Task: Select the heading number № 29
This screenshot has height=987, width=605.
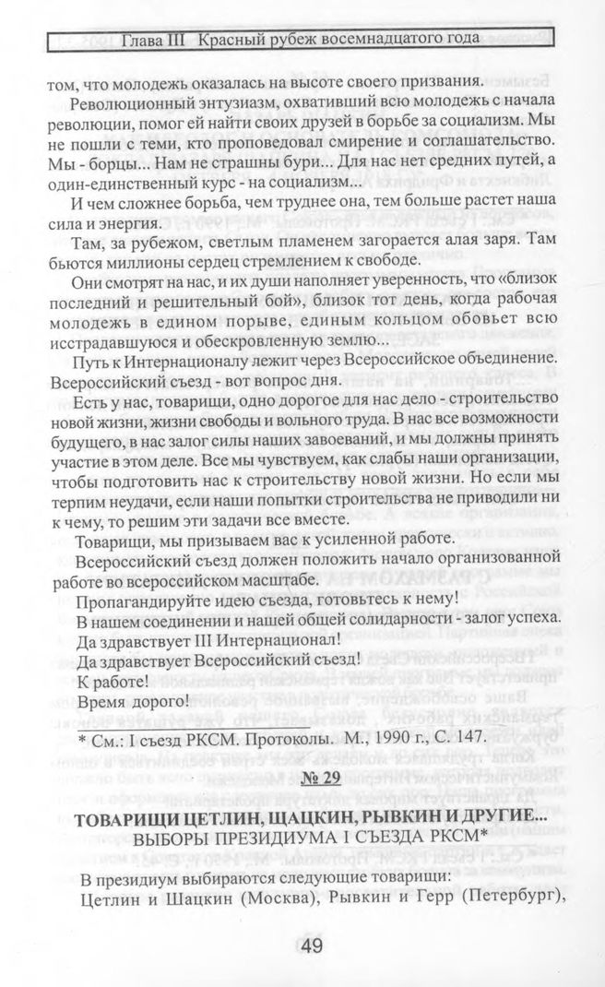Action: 319,777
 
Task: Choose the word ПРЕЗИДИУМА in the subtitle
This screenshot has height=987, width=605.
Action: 262,841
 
